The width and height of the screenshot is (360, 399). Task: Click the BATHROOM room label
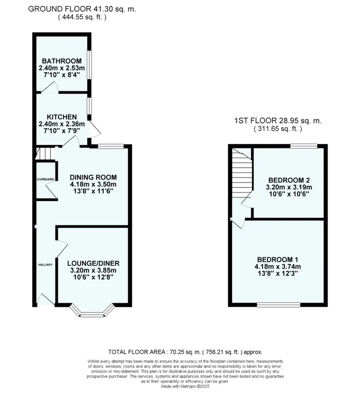coord(61,61)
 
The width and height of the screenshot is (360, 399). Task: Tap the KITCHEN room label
coord(62,117)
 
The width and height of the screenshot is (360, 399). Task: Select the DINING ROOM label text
coord(93,178)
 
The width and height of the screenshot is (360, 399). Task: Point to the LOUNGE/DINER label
coord(93,263)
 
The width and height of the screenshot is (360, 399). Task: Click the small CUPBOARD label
coord(45,180)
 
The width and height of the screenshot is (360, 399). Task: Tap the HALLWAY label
coord(45,265)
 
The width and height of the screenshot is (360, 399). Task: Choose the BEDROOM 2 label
coord(289,180)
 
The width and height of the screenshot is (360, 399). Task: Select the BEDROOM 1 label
coord(278,259)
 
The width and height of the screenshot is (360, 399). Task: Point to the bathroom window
coord(89,65)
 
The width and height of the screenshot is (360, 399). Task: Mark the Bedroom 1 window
coord(279,305)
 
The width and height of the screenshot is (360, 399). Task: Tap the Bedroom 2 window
coord(304,146)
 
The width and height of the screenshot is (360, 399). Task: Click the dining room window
coord(111,146)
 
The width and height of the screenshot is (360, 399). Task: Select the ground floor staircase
coord(45,154)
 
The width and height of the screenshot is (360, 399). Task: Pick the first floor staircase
coord(242,173)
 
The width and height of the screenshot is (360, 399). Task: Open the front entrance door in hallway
coord(46,299)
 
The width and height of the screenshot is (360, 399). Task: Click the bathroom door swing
coord(50,87)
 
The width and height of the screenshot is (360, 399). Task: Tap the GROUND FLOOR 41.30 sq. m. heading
coord(82,9)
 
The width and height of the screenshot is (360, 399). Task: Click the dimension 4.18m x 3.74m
coord(278,267)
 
